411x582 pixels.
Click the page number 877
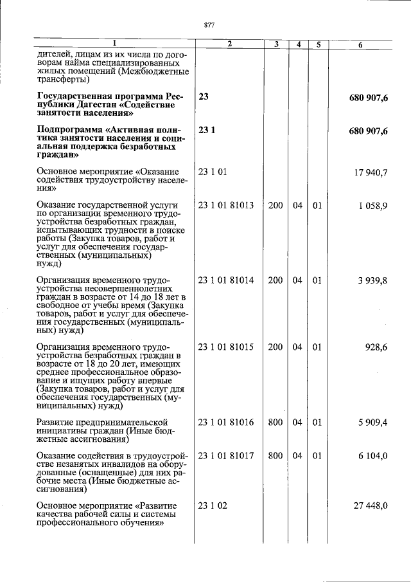pos(208,25)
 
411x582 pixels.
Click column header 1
pos(115,44)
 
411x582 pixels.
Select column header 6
pos(360,44)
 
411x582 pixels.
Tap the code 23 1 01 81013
pos(226,206)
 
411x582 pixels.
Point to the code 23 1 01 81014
pos(226,280)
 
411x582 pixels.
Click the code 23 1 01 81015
pos(226,347)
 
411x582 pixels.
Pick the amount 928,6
pos(376,347)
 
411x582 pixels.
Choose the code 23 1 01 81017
pos(226,456)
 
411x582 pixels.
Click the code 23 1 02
pos(213,505)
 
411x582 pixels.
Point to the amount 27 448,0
pos(371,505)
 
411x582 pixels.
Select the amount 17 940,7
pos(371,172)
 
